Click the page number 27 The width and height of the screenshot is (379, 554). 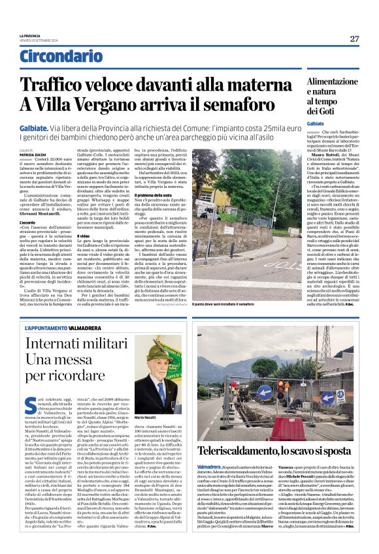(354, 38)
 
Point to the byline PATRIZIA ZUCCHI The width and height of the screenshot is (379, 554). (30, 154)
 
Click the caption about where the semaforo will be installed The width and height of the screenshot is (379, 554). (240, 267)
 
